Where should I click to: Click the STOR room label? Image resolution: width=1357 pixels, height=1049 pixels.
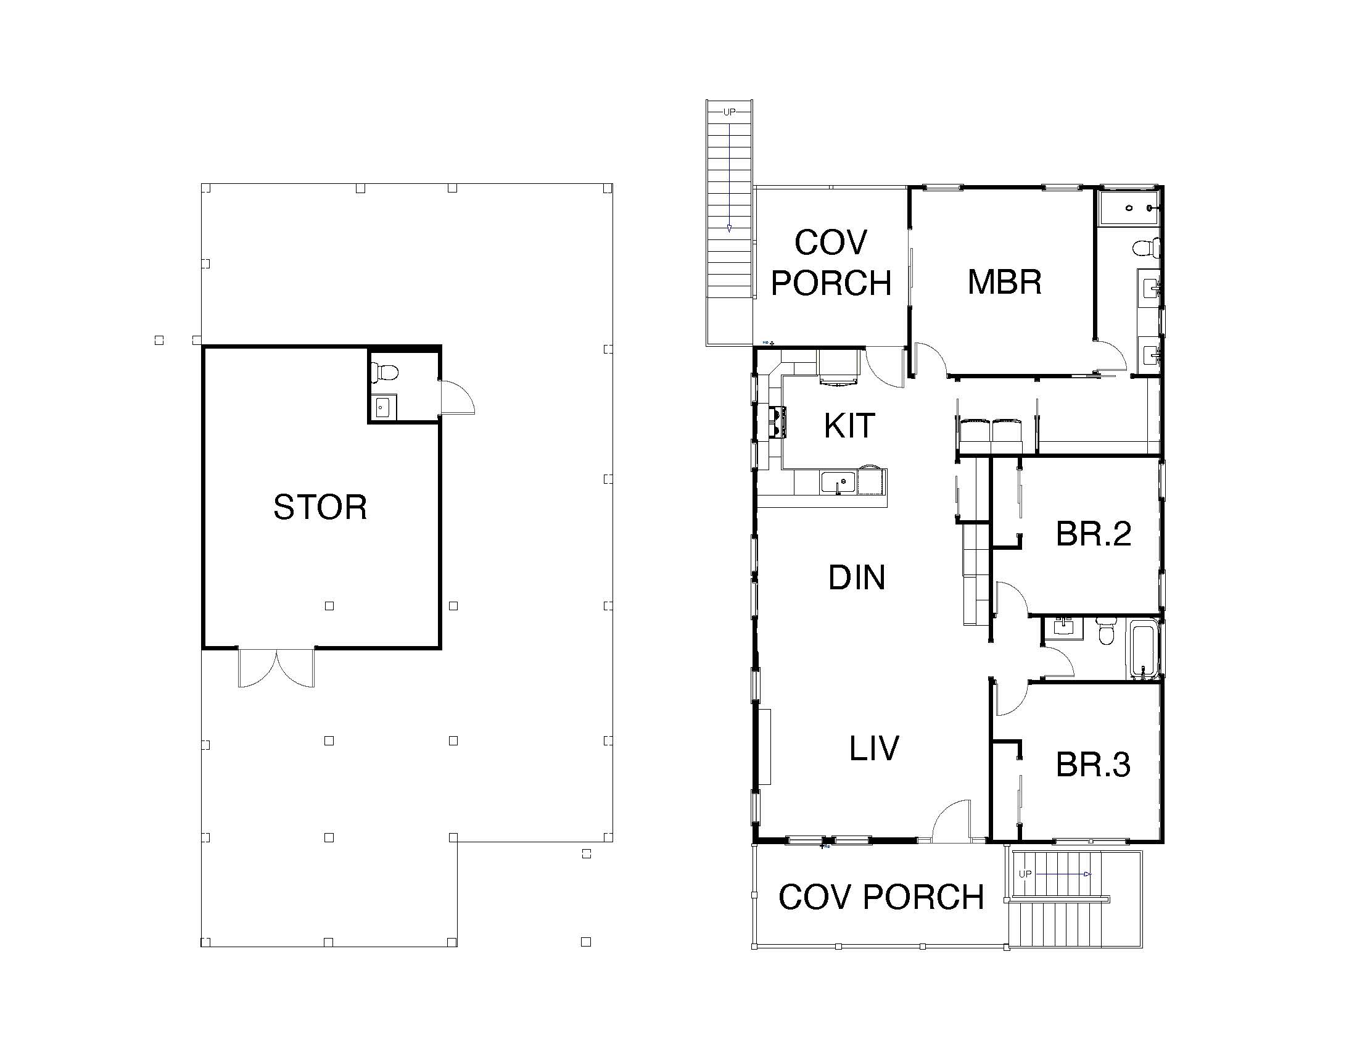(320, 507)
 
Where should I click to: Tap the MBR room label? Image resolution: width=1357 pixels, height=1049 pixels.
(1005, 281)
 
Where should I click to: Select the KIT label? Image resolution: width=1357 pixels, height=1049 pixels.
(849, 426)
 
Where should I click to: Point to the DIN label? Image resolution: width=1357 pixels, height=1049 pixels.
(857, 578)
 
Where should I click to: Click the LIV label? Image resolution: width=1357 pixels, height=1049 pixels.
(874, 748)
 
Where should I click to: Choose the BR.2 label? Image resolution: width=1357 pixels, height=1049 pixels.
(1094, 534)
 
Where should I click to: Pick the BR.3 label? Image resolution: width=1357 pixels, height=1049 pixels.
(1094, 765)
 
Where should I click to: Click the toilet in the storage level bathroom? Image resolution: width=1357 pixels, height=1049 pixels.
(384, 373)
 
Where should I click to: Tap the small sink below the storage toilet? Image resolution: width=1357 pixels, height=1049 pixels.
(383, 408)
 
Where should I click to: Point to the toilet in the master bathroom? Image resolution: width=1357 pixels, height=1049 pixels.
(1147, 248)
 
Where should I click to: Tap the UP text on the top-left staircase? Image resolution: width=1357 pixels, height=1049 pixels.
(729, 112)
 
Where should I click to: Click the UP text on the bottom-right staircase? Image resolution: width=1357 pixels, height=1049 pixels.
(1025, 874)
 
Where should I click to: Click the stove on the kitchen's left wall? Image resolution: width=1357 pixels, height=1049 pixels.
(777, 423)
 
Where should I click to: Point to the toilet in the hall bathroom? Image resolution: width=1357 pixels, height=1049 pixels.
(1105, 630)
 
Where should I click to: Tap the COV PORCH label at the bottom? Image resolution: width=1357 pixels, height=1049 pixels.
(881, 897)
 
